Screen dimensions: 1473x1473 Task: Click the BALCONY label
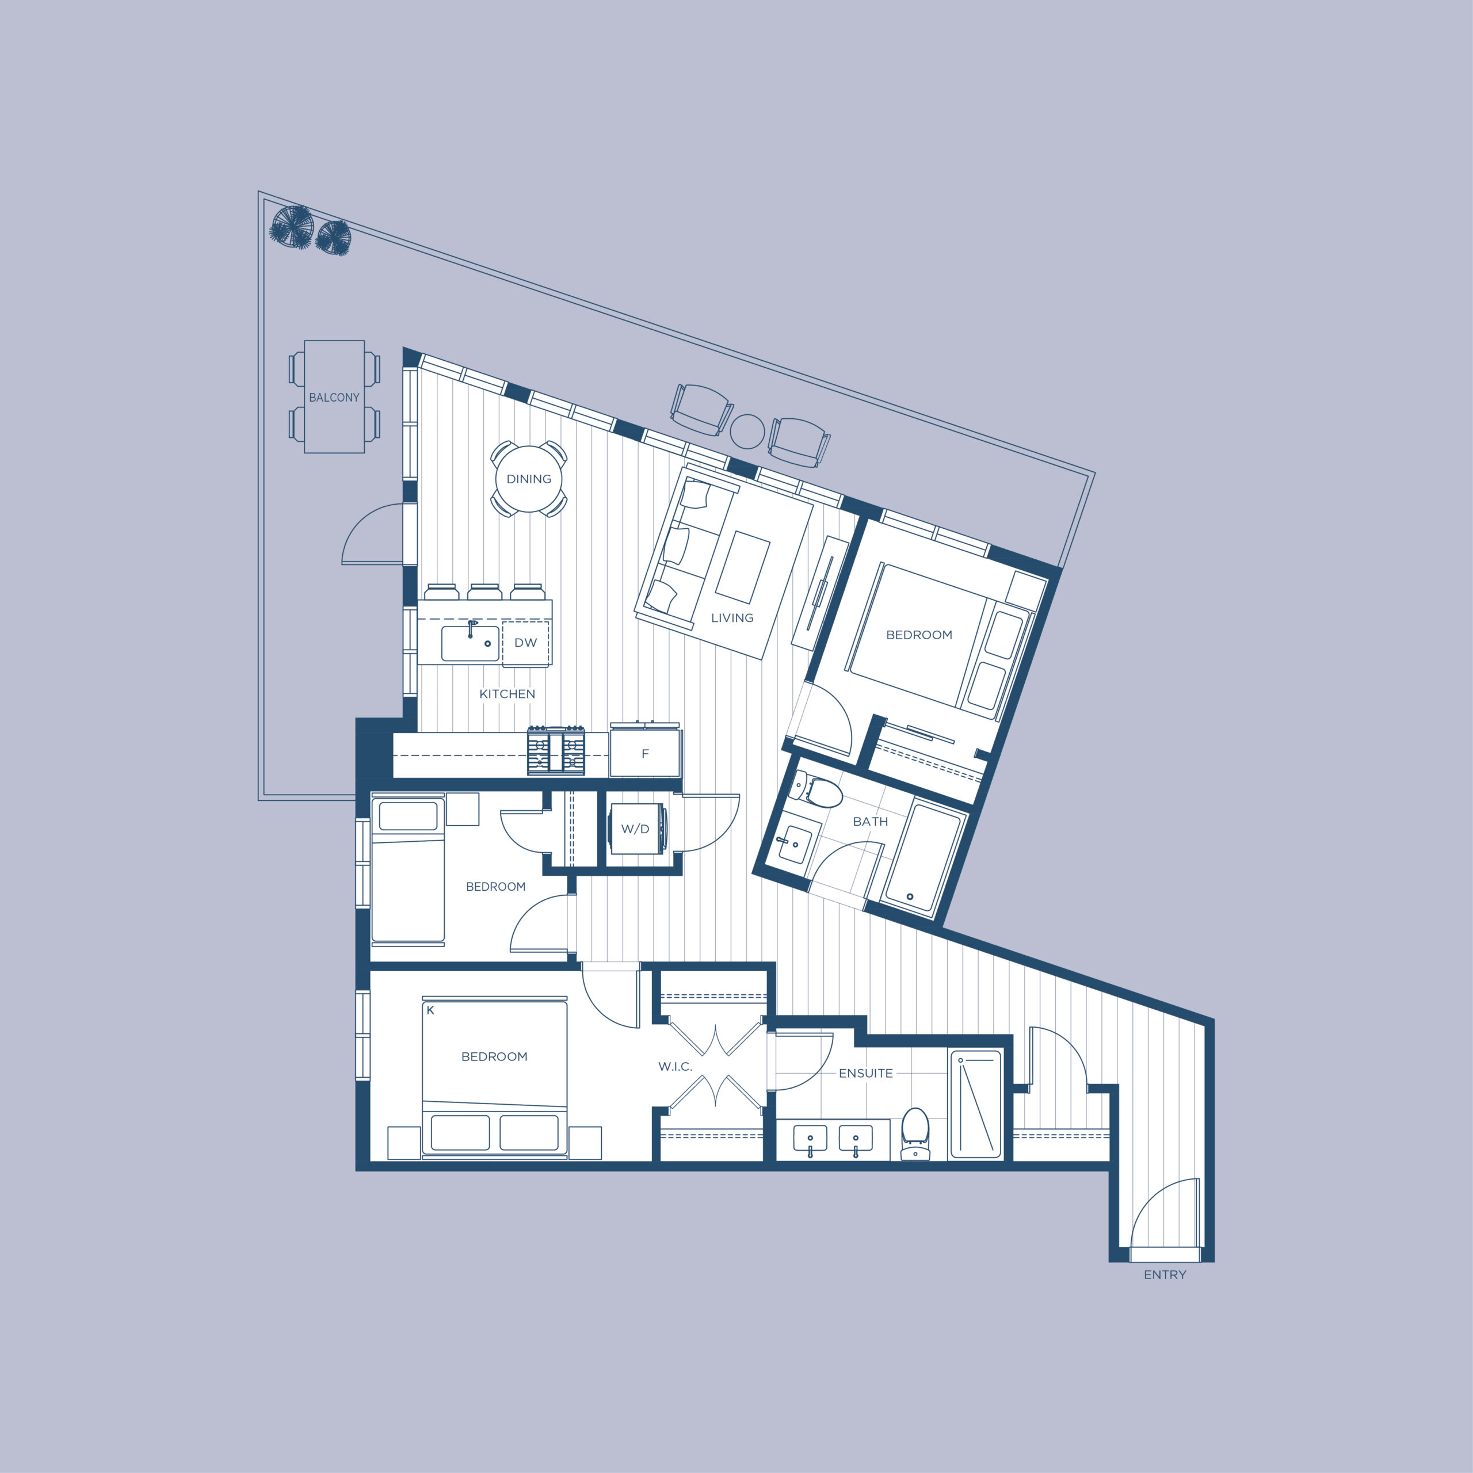click(334, 397)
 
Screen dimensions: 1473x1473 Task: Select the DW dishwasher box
click(525, 643)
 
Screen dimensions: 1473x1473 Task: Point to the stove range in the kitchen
click(556, 751)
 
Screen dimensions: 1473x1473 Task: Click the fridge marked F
click(645, 753)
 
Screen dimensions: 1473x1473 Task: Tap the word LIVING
click(732, 617)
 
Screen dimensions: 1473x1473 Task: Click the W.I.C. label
click(676, 1067)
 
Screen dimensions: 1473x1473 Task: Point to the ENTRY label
click(1165, 1274)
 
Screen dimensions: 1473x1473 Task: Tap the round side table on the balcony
click(747, 432)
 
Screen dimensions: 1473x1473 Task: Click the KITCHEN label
click(507, 694)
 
